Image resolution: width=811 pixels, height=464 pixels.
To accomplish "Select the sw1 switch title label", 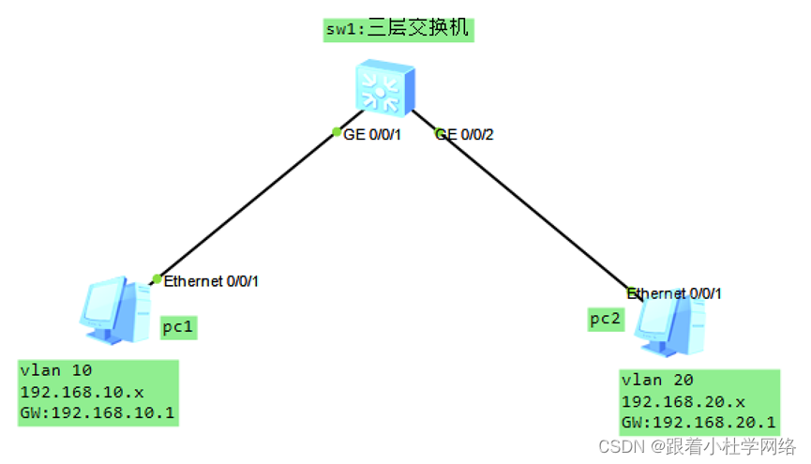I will coord(398,29).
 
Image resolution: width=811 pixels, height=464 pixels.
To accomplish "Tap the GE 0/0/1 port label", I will coord(372,135).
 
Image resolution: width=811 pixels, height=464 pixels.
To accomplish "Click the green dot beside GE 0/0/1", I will coord(336,131).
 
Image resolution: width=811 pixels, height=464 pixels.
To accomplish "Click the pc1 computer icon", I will coord(115,310).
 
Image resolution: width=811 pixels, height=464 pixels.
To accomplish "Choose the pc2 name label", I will coord(605,319).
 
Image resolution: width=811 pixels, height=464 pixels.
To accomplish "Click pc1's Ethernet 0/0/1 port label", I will coord(210,280).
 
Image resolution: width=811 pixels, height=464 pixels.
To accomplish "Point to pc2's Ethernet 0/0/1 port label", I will coord(674,293).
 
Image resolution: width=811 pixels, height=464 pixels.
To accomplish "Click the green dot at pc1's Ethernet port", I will coord(157,278).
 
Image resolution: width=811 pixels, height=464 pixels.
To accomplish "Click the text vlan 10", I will coord(56,370).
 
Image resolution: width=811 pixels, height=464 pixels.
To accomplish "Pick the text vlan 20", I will coord(657,381).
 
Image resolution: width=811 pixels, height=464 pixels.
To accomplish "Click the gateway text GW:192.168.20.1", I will coord(698,422).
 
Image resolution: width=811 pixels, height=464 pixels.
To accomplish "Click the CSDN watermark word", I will coord(619,445).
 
